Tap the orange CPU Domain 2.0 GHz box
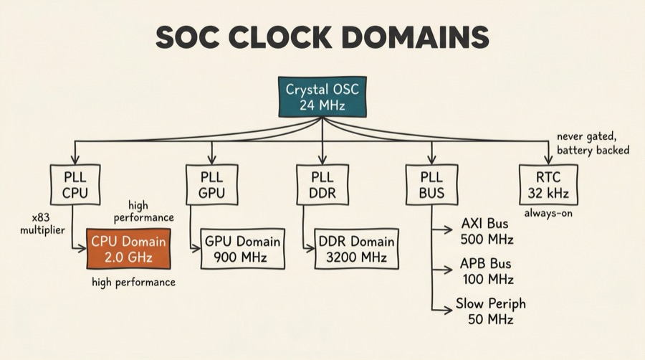coord(128,248)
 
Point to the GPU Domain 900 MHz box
coord(242,249)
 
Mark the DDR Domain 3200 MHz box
coord(356,249)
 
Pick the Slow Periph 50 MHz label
coord(484,311)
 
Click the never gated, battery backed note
coord(593,143)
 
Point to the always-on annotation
coord(548,213)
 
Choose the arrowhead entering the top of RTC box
coord(548,160)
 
